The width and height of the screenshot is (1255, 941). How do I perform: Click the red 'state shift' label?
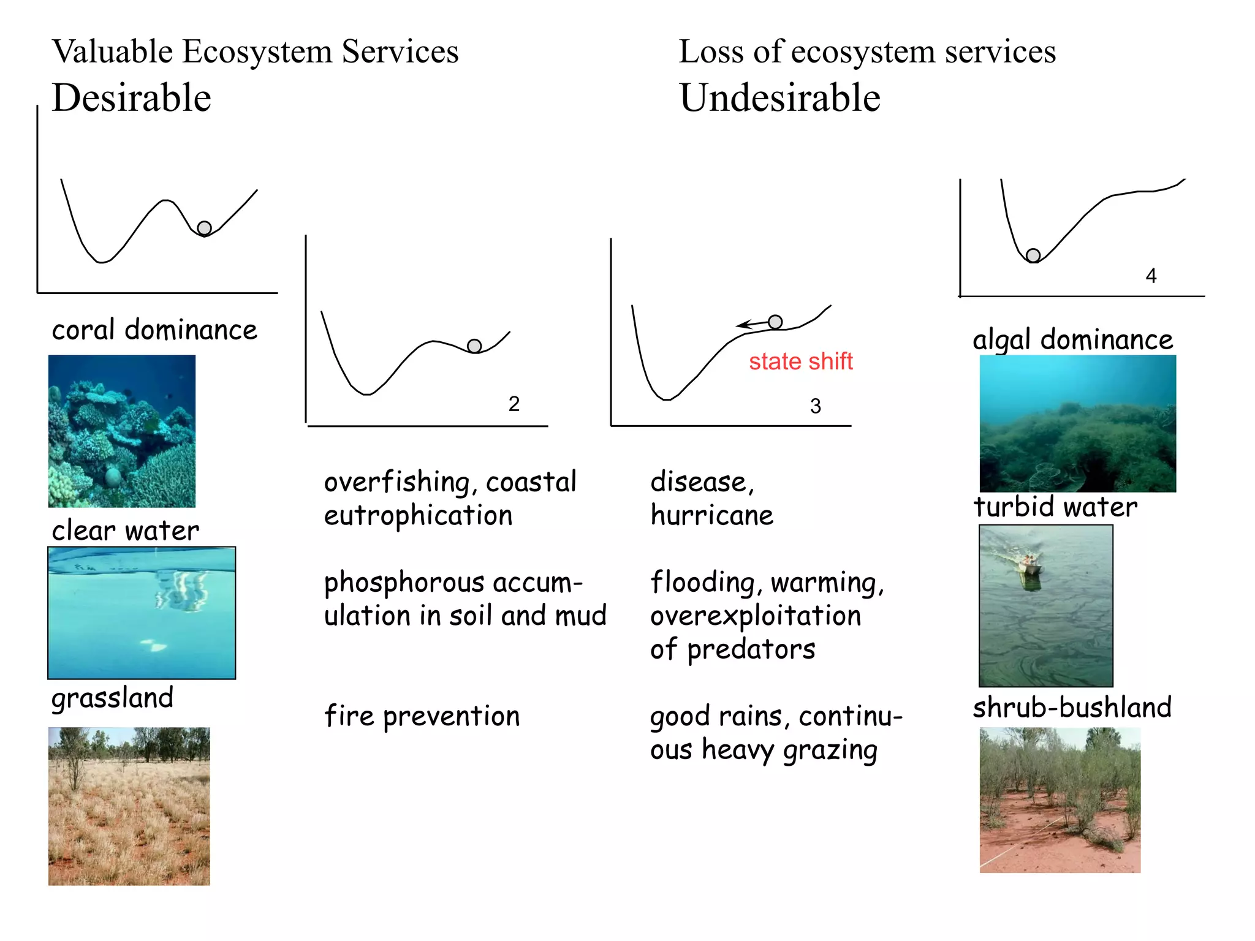tap(800, 361)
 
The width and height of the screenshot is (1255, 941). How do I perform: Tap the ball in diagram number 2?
tap(474, 346)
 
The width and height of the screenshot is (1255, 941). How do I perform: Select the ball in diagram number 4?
tap(1033, 255)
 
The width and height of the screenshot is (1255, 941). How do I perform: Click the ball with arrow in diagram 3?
tap(775, 322)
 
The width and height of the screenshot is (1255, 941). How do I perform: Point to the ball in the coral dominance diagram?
tap(205, 229)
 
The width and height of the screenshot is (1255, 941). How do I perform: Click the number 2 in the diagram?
tap(514, 404)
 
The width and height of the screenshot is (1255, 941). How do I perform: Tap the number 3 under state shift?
tap(816, 406)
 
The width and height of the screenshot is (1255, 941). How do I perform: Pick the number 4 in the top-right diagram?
tap(1151, 276)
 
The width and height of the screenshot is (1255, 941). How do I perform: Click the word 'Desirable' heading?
tap(132, 98)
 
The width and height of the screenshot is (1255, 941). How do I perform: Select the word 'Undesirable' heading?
tap(780, 98)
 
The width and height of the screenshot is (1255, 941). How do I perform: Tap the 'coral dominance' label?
tap(154, 330)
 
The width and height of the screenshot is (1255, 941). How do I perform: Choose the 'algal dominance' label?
tap(1072, 340)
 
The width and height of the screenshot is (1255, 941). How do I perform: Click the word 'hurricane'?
tap(712, 515)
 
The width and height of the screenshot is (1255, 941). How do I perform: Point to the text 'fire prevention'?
tap(422, 716)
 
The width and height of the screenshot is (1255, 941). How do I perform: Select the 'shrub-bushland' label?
tap(1072, 708)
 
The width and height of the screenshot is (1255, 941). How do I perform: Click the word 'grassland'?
tap(113, 698)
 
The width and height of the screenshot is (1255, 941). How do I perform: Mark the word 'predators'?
tap(751, 649)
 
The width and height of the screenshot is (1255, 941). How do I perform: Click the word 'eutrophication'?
tap(419, 515)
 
